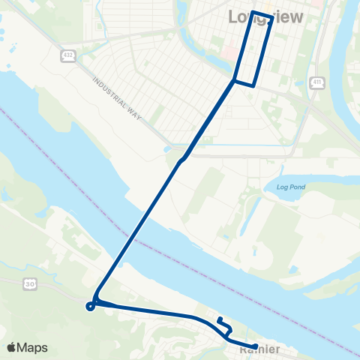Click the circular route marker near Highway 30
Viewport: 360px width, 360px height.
coord(90,305)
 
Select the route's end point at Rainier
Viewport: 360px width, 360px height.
coord(256,346)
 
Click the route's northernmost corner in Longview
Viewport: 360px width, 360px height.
coord(253,12)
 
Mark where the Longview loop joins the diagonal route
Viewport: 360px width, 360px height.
coord(235,79)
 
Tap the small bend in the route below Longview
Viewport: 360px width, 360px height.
coord(182,159)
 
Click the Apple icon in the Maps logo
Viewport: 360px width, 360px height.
coord(12,346)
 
